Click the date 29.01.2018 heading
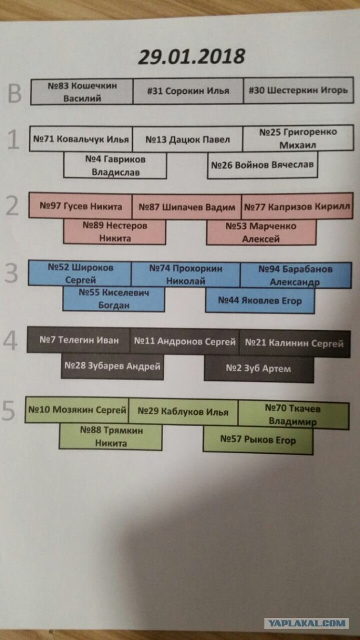[191, 57]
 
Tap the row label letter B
[15, 93]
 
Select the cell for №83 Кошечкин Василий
[82, 92]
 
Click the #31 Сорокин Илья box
[188, 91]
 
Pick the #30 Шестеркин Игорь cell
[298, 90]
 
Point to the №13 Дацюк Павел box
[188, 139]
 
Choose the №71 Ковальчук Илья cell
[81, 139]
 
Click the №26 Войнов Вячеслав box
[263, 165]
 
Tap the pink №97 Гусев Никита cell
[80, 206]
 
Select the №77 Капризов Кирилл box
[297, 206]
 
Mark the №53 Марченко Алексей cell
[261, 232]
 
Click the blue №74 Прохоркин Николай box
[186, 274]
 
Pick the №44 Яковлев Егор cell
[260, 300]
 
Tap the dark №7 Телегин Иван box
[78, 340]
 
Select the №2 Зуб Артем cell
[259, 368]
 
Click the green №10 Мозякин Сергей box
[76, 409]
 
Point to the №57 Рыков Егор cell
[258, 440]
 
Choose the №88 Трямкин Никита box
[111, 437]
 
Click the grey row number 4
[10, 341]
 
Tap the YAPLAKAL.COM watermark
[306, 623]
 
